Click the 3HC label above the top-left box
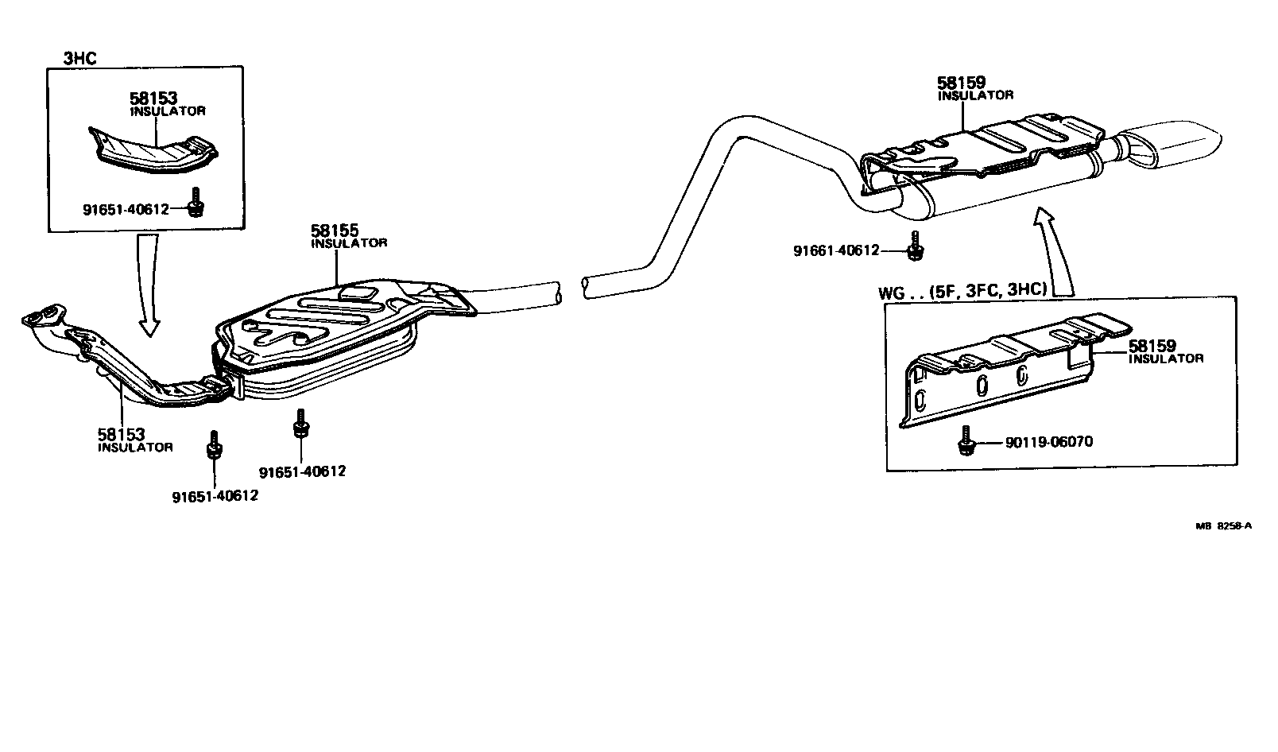[x=79, y=57]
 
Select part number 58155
[x=335, y=231]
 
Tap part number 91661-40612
[x=835, y=250]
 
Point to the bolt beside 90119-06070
[x=966, y=440]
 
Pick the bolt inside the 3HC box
[x=195, y=203]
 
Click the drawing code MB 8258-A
[x=1223, y=525]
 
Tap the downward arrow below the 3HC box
[x=149, y=286]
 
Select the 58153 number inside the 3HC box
[x=153, y=99]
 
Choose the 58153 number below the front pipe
[x=121, y=435]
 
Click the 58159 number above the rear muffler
[x=961, y=83]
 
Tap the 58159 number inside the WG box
[x=1152, y=347]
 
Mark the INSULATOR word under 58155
[x=348, y=243]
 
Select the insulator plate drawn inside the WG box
[x=1009, y=370]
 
